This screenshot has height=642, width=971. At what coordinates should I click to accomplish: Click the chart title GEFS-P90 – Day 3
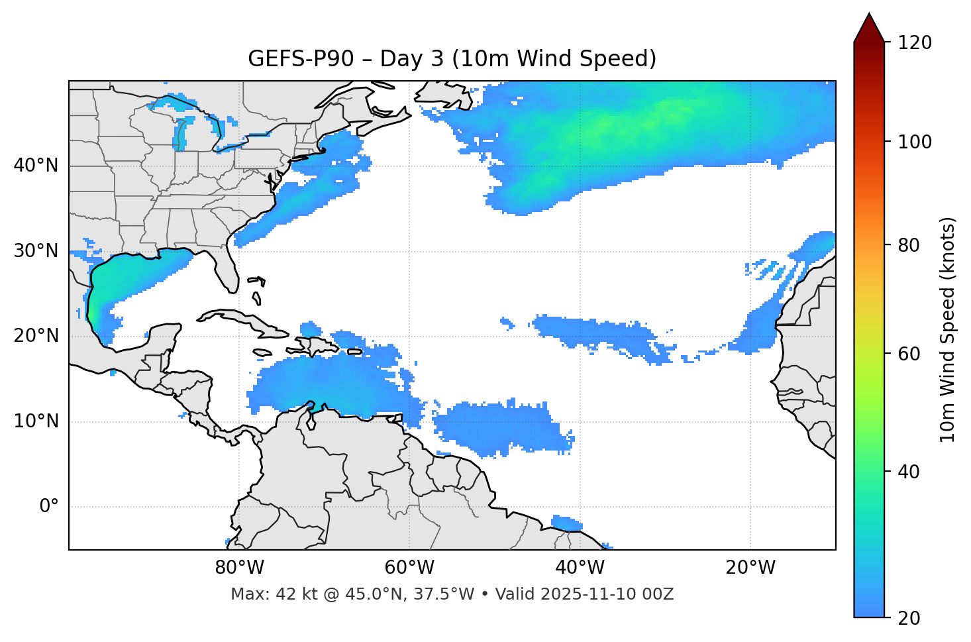452,59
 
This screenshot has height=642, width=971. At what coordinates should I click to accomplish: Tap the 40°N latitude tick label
36,166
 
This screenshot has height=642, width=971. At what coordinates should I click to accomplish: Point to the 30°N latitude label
36,251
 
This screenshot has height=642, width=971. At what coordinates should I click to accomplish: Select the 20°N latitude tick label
36,336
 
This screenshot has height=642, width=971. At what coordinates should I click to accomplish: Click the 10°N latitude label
36,421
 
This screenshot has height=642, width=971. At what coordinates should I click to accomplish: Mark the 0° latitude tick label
49,507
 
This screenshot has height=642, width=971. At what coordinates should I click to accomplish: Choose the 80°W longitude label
239,568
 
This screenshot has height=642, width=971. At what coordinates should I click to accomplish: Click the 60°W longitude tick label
409,568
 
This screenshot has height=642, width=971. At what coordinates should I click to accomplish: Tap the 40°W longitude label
580,568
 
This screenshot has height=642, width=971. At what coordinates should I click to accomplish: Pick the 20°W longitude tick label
750,568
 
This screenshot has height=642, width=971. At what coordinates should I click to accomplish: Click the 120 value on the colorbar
915,43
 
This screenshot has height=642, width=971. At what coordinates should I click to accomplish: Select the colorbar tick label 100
915,142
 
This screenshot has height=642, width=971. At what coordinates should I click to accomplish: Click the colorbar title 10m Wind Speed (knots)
948,329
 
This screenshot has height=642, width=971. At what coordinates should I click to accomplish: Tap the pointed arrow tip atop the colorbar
869,16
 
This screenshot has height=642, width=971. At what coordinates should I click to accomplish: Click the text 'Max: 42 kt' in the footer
264,594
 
